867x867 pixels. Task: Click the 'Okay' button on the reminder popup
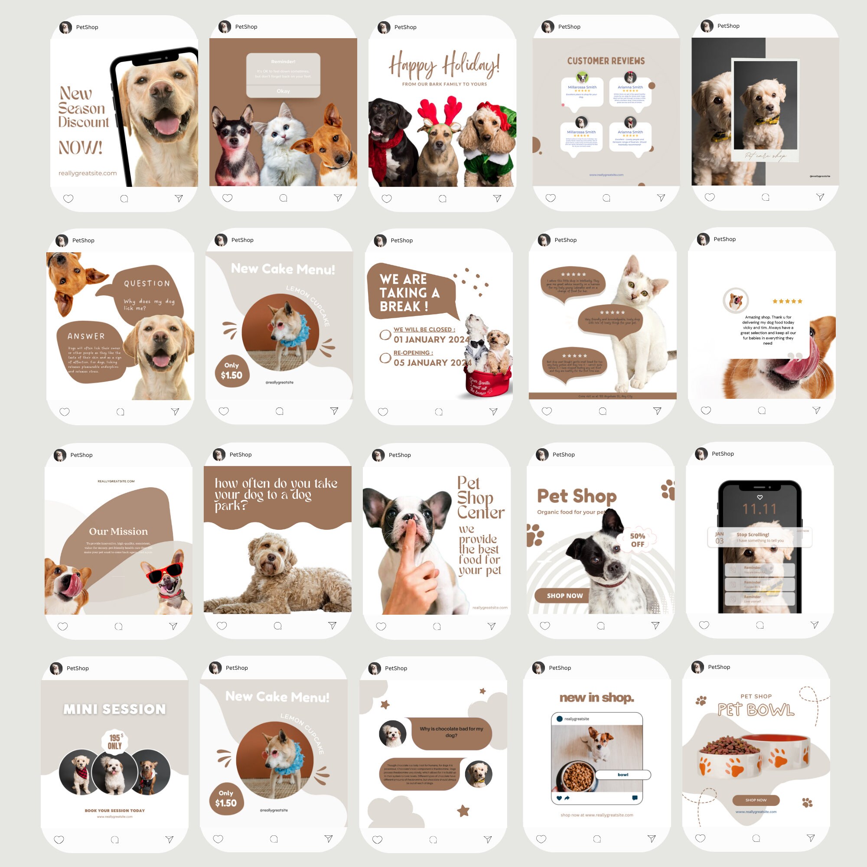coord(283,91)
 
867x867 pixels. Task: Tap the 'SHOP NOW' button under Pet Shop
coord(564,596)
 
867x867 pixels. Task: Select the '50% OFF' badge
coord(637,540)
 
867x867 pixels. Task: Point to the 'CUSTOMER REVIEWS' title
coord(606,61)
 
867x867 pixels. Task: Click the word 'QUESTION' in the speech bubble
coord(147,284)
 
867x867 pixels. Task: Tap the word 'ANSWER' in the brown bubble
coord(86,336)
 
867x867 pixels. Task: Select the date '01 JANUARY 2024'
coord(431,340)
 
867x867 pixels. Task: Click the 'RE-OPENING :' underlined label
coord(413,353)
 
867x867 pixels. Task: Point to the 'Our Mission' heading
coord(118,531)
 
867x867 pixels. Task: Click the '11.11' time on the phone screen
coord(759,509)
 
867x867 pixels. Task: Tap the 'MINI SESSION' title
coord(114,709)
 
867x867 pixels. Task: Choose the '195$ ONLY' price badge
coord(115,741)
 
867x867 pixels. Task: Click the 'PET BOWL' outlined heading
coord(756,710)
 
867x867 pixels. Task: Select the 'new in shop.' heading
coord(596,698)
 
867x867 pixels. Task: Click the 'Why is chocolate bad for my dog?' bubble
coord(451,732)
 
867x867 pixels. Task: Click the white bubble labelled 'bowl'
coord(623,775)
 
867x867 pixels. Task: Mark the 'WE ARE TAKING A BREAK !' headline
coord(409,293)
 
